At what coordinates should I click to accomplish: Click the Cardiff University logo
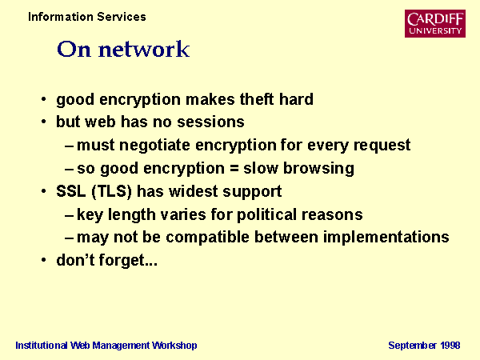435,23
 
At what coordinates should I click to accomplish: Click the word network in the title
144,49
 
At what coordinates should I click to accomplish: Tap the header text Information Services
87,17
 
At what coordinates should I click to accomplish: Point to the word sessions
210,122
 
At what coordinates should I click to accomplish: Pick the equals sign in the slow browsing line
234,168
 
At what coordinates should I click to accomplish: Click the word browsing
318,168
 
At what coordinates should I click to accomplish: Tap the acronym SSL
71,191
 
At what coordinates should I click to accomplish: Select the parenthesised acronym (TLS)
112,192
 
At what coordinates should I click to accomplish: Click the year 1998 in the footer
450,346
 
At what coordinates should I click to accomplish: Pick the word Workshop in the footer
174,346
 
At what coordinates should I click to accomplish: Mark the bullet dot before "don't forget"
44,260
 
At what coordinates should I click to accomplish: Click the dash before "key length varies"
69,216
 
